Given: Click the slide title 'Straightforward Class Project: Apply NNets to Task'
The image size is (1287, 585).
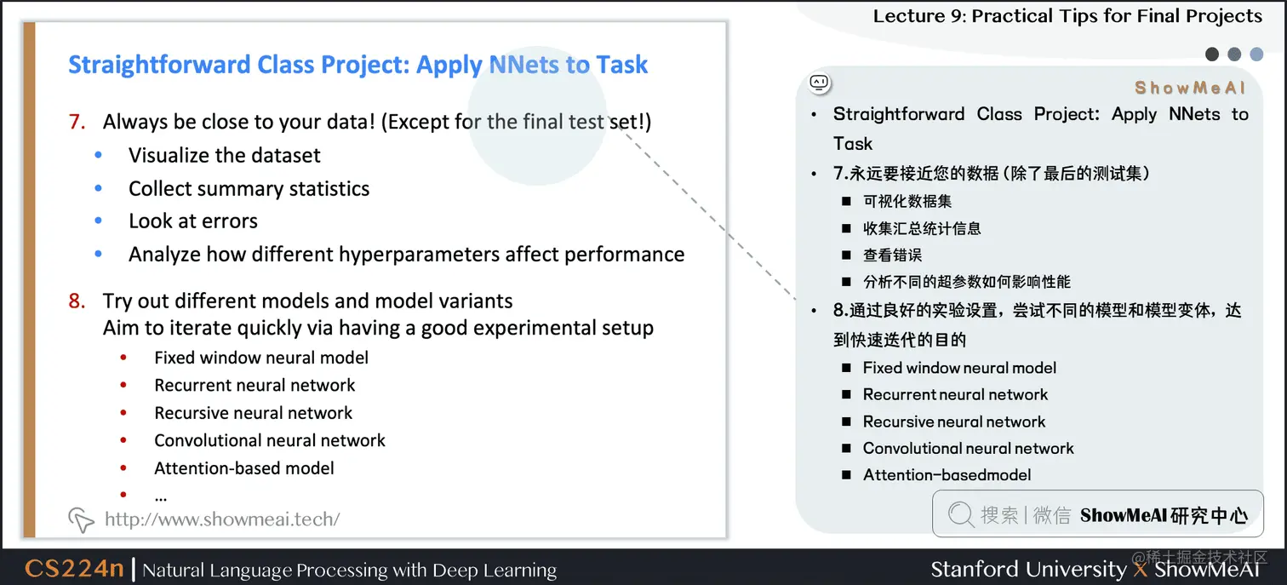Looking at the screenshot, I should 357,65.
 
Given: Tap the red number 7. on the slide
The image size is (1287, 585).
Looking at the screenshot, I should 77,122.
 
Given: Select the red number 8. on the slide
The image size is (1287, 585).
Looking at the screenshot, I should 77,301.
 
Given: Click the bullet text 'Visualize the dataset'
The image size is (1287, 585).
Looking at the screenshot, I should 224,155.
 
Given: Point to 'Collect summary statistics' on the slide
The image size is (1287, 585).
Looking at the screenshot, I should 249,188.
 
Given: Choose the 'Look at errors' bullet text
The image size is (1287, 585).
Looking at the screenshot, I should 192,221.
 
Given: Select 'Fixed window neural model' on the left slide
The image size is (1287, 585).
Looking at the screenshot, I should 261,358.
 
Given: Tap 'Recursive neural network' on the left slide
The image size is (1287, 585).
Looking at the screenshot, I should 253,413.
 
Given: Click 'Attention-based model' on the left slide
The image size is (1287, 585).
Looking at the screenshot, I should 243,468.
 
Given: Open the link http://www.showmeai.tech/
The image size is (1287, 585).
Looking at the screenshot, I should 222,519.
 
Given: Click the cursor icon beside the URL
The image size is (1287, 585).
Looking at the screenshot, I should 81,519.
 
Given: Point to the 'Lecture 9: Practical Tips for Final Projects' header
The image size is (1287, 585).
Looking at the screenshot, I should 1067,16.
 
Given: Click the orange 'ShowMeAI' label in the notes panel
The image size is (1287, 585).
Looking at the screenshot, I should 1189,88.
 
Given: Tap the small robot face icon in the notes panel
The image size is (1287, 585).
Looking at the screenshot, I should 819,83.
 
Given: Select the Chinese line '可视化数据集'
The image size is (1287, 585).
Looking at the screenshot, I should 907,202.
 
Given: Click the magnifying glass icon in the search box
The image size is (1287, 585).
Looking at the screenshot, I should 960,514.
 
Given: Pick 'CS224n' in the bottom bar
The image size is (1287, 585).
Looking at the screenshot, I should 74,569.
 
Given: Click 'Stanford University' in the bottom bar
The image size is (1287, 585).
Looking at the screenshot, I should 1027,569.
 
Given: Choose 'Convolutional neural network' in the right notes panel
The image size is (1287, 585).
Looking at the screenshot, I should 968,448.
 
